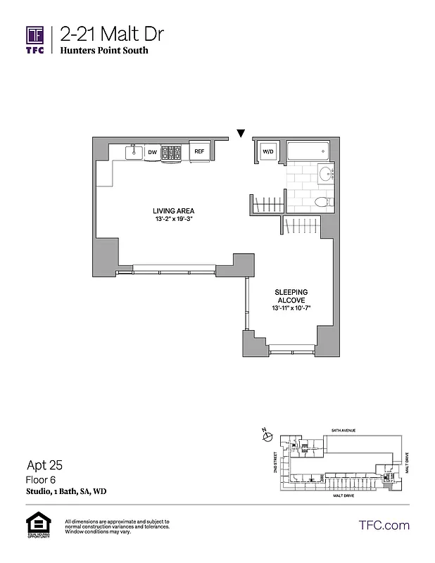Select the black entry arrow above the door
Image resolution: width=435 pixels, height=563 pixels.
(241, 132)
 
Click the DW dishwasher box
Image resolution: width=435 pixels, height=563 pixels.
(152, 151)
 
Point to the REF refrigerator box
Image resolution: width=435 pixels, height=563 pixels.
(199, 151)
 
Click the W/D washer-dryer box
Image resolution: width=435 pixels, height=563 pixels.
(268, 151)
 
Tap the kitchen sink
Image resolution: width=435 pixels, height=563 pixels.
(132, 151)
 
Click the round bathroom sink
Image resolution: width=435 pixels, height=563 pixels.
(326, 176)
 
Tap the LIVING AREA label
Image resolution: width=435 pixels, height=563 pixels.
(173, 211)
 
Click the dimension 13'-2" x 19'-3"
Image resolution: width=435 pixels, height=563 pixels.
(173, 220)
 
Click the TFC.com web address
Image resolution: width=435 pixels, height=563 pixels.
(384, 525)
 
